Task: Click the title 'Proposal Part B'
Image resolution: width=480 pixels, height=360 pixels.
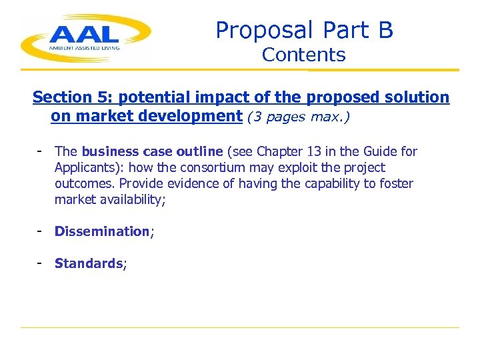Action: point(304,30)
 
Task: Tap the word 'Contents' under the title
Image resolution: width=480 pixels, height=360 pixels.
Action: point(304,55)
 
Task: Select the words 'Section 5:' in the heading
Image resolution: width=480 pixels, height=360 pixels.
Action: point(73,97)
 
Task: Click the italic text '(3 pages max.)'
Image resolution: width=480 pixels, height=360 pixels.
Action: point(298,117)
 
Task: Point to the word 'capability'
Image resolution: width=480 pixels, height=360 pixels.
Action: point(334,183)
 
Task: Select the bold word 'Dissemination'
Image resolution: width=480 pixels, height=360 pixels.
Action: point(102,231)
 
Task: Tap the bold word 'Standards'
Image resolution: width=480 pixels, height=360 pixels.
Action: point(89,263)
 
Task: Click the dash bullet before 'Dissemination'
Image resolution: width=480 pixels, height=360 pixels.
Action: point(41,231)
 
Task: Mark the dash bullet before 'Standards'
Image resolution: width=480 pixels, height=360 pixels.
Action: point(41,263)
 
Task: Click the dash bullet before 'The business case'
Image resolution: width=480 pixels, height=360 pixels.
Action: point(41,151)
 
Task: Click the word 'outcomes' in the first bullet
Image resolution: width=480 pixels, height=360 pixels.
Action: point(84,183)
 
